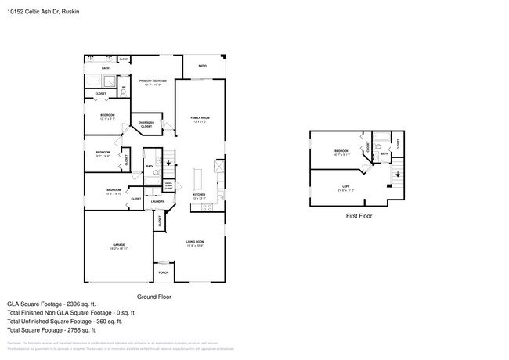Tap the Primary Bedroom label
(x=153, y=81)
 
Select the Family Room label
(x=200, y=119)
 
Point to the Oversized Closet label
(x=146, y=124)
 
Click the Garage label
(x=119, y=246)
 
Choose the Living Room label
(x=195, y=243)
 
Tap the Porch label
(x=164, y=272)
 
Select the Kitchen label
(x=199, y=196)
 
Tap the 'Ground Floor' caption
(x=154, y=297)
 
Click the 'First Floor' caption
(x=359, y=215)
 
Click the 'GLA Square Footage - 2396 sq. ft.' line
(x=51, y=304)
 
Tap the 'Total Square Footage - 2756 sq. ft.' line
(x=56, y=331)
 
